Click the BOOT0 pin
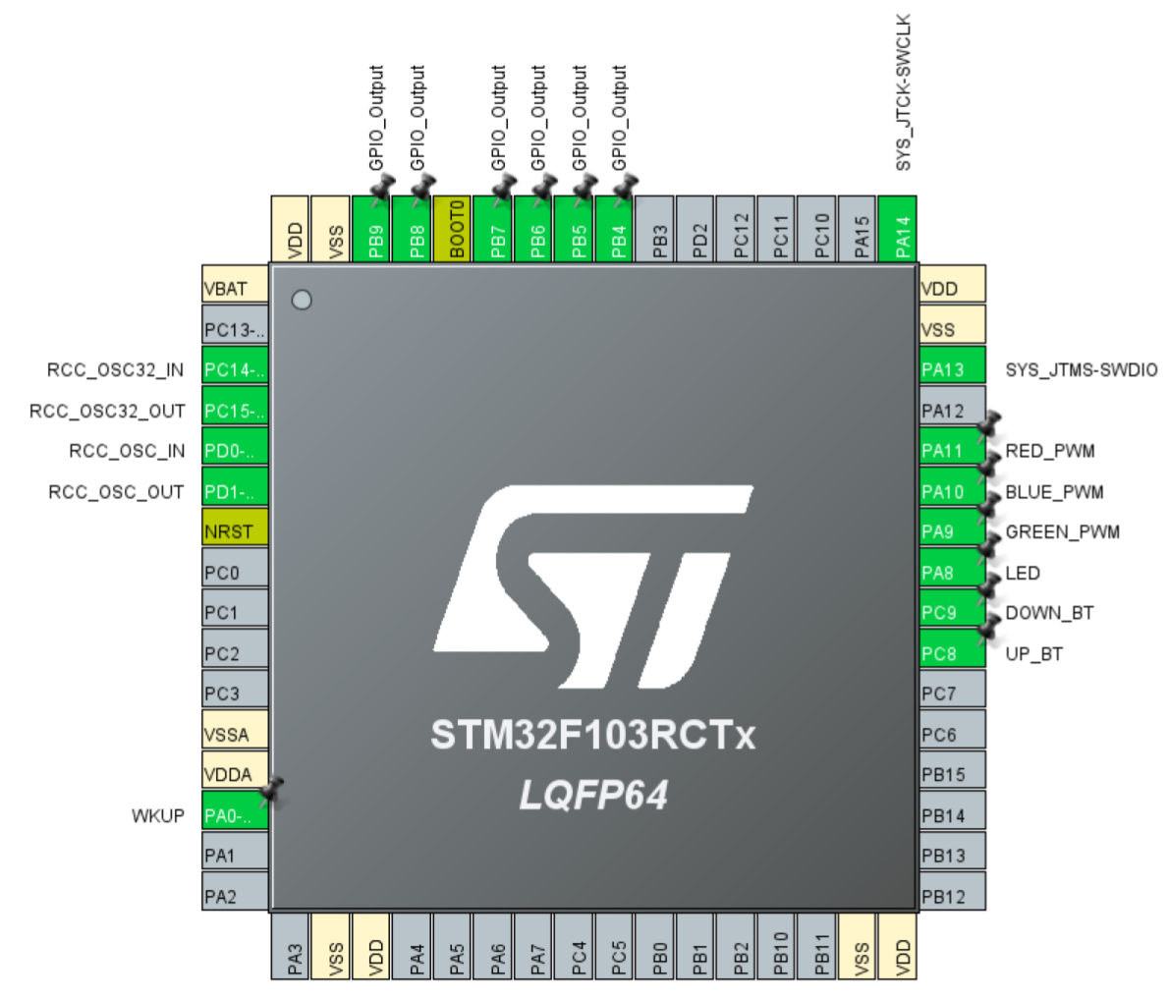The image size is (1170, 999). point(456,229)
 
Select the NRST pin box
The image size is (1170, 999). point(235,531)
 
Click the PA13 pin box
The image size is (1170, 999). point(952,369)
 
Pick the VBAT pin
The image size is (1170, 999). point(235,288)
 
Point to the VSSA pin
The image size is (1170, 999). point(235,734)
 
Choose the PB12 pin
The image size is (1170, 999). point(952,896)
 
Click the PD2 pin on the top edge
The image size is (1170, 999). point(700,229)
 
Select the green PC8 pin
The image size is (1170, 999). point(952,653)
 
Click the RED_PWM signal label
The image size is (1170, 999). point(1049,451)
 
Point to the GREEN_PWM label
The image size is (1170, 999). point(1062,531)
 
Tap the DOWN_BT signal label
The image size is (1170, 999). point(1049,613)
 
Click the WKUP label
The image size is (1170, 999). point(158,815)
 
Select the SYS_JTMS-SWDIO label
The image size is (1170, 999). point(1081,370)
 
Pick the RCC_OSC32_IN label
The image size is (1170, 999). point(115,370)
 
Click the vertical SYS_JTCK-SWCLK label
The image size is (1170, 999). point(904,92)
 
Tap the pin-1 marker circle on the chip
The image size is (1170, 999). point(302,300)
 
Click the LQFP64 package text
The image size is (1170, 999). point(593,795)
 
